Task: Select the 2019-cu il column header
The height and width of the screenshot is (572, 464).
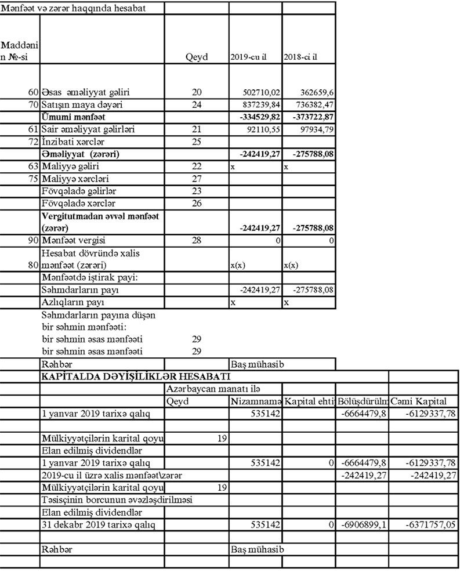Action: click(248, 58)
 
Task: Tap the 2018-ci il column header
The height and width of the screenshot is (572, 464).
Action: click(301, 58)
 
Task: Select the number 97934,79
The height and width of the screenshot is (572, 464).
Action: click(316, 129)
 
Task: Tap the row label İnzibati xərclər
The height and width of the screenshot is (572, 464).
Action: click(72, 142)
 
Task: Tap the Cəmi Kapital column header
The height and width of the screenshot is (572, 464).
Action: click(419, 401)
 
